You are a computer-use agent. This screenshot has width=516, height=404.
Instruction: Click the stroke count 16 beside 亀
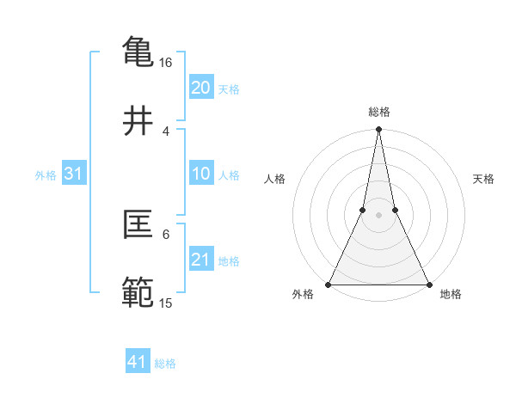[x=166, y=64]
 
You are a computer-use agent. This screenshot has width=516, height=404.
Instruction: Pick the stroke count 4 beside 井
[x=166, y=131]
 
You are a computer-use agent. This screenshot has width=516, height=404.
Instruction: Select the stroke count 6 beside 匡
[x=166, y=233]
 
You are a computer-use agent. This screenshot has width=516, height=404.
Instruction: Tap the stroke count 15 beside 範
[x=166, y=303]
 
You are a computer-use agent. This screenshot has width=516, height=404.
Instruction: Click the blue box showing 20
[x=200, y=87]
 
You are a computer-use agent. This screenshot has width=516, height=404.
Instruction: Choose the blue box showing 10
[x=200, y=174]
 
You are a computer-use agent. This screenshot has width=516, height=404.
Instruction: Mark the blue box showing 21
[x=200, y=260]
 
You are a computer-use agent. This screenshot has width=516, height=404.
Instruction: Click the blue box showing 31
[x=73, y=174]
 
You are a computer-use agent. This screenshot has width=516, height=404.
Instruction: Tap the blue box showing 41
[x=138, y=362]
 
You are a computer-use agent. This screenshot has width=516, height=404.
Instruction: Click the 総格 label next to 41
[x=165, y=364]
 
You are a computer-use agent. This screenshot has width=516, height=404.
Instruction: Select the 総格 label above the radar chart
[x=379, y=112]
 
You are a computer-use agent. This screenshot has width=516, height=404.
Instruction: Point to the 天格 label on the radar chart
[x=483, y=179]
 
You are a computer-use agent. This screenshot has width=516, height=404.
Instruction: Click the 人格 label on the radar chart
[x=274, y=179]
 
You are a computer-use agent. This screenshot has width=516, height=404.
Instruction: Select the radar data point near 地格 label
[x=428, y=284]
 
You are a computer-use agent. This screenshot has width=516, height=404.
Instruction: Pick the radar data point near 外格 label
[x=329, y=284]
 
